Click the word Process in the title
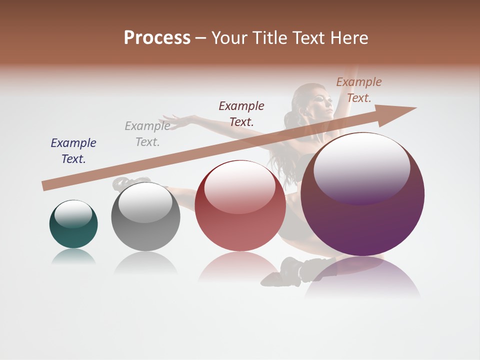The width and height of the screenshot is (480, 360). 157,38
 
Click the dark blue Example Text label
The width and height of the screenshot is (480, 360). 73,151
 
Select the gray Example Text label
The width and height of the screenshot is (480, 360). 147,134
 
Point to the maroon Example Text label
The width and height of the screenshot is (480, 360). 241,113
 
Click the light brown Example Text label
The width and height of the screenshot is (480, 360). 359,90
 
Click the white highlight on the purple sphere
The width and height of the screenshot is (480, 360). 361,167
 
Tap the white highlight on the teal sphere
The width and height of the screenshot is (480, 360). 73,213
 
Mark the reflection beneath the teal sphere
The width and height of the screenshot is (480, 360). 73,256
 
